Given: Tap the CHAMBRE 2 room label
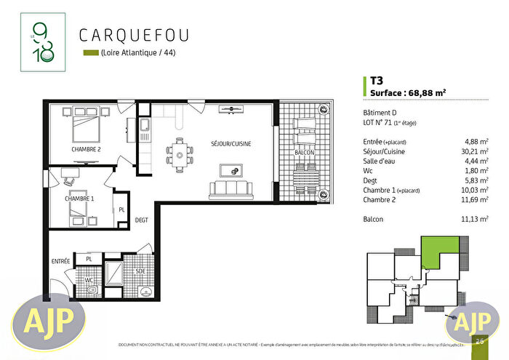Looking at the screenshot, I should pos(86,150).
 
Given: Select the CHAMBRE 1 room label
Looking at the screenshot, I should pos(79,199).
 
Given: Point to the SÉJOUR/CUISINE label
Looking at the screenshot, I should pos(231,145).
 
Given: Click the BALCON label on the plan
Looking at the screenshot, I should pos(304,153).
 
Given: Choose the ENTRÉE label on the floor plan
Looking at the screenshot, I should pos(60,260).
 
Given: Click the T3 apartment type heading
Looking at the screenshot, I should pos(377,81).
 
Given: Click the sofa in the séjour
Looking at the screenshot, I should pos(231,191).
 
